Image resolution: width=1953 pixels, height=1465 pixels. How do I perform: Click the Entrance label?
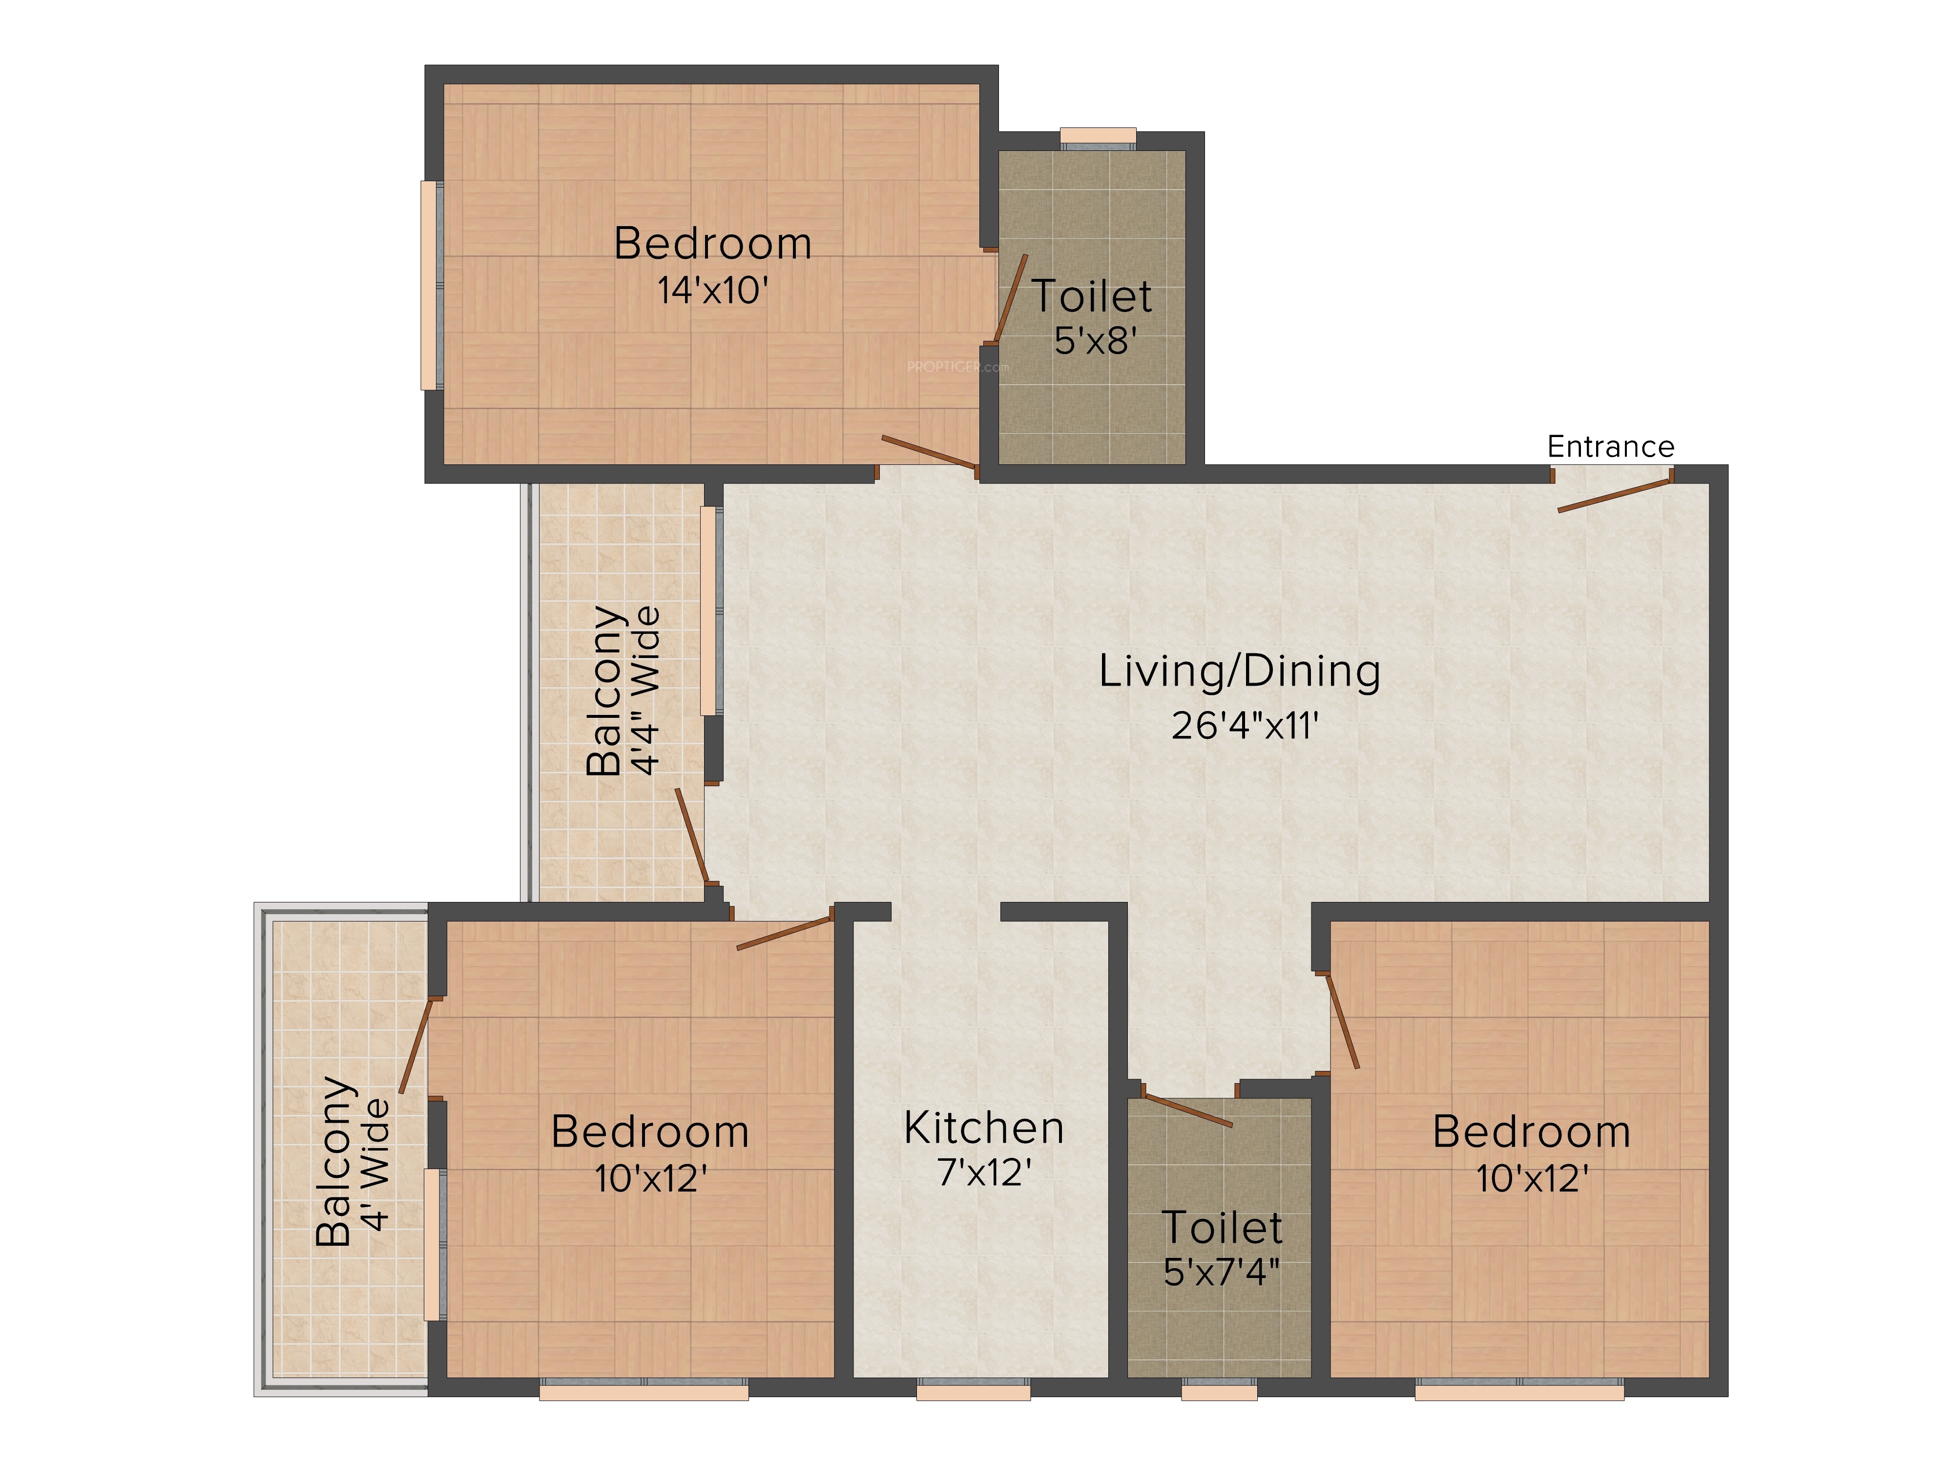[x=1610, y=447]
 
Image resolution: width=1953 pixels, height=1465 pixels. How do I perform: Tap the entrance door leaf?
[x=1615, y=496]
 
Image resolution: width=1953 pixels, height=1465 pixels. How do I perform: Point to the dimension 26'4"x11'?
[x=1245, y=726]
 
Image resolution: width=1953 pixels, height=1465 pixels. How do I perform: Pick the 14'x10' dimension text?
[x=712, y=291]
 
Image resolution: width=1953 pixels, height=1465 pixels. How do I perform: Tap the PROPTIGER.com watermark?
[x=958, y=366]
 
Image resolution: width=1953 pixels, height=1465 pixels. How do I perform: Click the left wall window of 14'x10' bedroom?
[x=431, y=285]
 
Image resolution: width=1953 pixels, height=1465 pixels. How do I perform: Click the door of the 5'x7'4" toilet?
[x=1186, y=1110]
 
